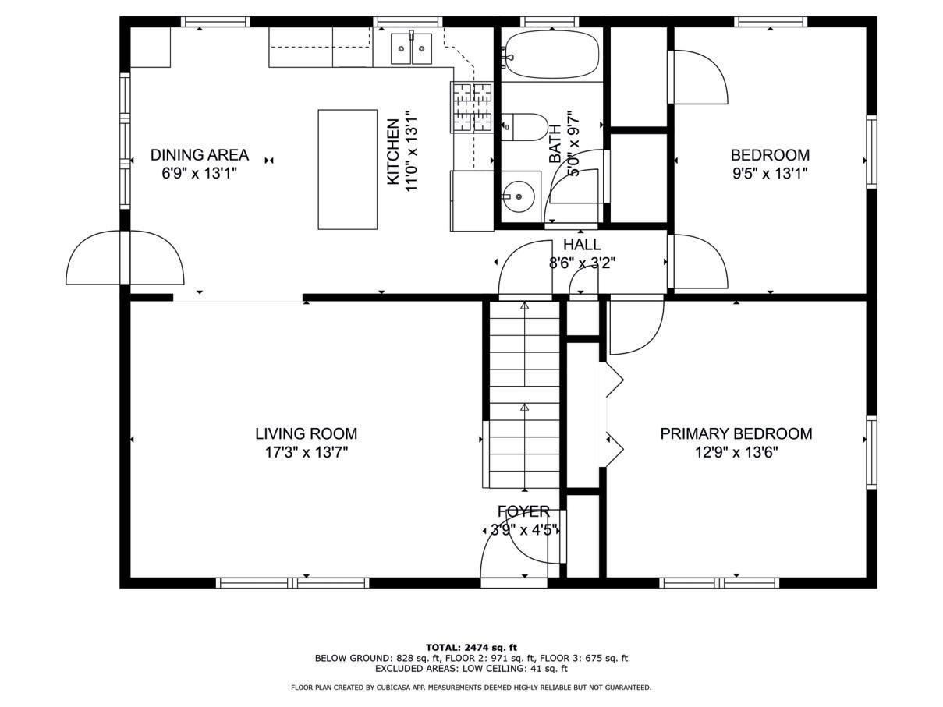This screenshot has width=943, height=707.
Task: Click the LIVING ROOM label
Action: (306, 433)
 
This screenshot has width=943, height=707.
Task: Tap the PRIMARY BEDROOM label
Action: (736, 433)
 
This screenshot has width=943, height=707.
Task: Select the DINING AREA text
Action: (200, 154)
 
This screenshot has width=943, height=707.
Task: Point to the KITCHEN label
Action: (393, 152)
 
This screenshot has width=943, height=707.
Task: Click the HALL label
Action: (582, 245)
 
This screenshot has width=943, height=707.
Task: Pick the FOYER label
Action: (523, 511)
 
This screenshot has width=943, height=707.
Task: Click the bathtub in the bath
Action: (552, 54)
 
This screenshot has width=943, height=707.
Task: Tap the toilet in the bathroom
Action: (524, 128)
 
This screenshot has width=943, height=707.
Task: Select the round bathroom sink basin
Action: (519, 196)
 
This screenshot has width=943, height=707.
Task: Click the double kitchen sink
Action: (411, 48)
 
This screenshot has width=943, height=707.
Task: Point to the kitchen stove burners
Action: (472, 107)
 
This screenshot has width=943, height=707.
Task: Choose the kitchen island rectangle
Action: (348, 170)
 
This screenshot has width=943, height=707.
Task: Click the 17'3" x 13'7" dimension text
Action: (307, 452)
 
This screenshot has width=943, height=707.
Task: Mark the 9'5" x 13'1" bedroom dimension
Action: (770, 173)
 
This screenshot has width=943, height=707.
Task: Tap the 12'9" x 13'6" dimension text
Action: (737, 452)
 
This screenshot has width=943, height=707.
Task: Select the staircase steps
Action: (524, 395)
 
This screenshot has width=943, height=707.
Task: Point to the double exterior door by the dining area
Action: (125, 257)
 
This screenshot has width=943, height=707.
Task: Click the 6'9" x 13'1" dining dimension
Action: (200, 173)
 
